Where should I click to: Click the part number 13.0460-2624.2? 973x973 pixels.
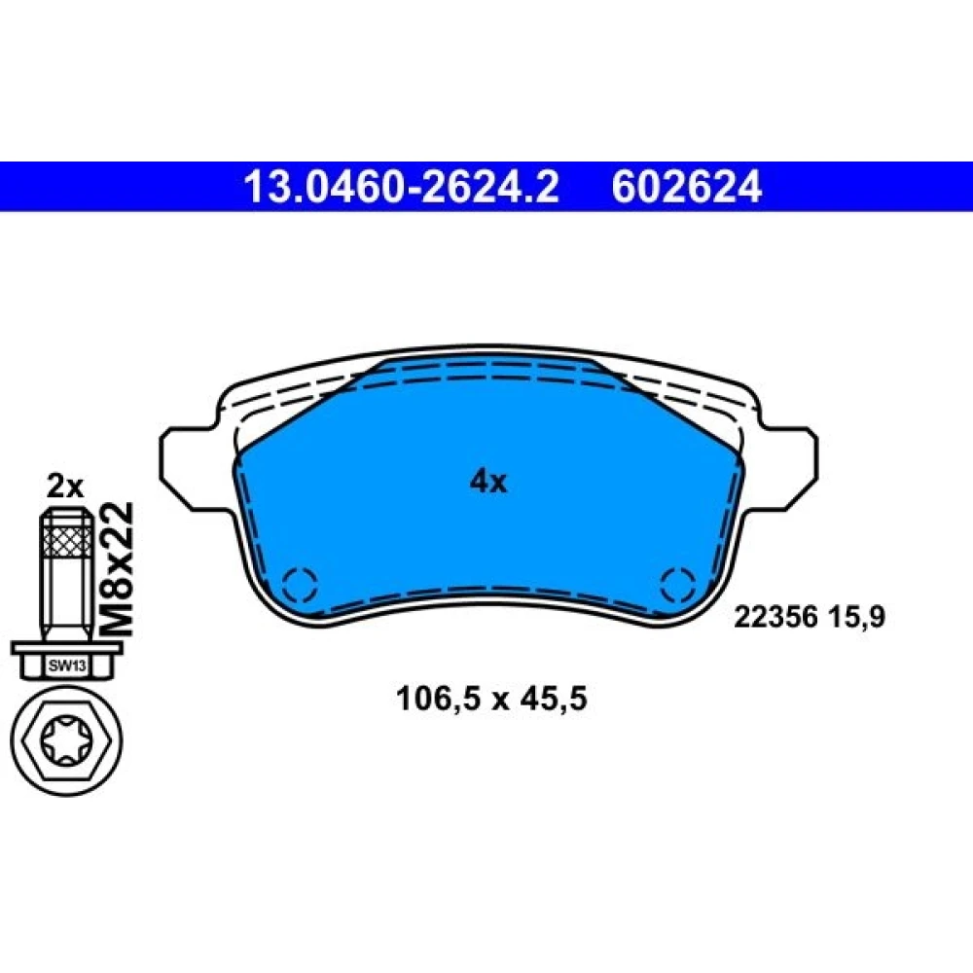(402, 187)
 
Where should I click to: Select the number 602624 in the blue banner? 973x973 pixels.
(686, 187)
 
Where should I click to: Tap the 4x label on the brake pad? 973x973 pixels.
(488, 481)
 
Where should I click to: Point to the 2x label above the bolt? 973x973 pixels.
(64, 487)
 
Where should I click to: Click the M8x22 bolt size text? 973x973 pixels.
(117, 568)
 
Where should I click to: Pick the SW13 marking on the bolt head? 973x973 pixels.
(67, 667)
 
